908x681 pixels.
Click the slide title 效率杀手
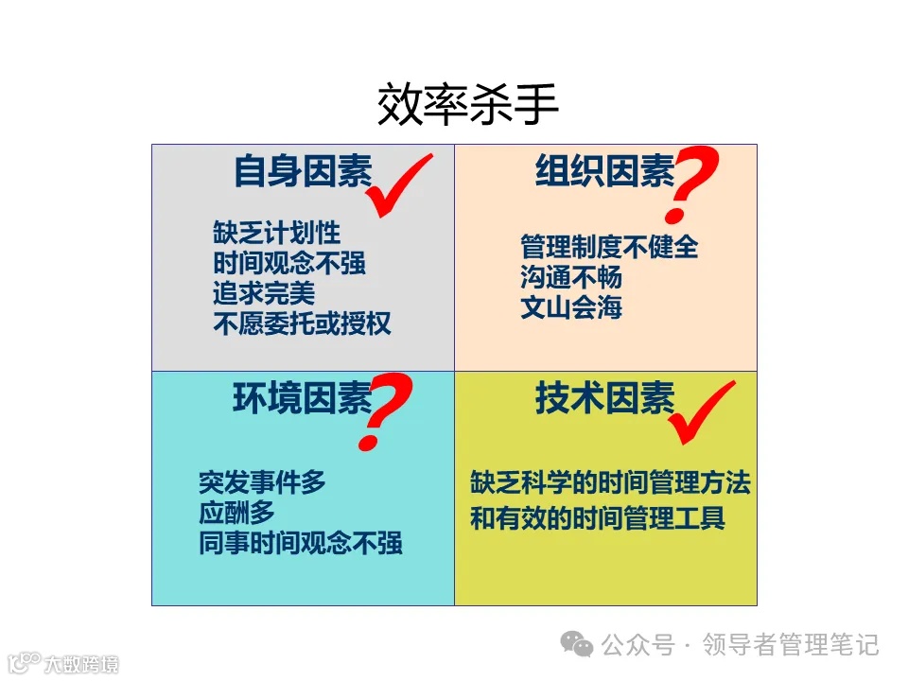tap(468, 106)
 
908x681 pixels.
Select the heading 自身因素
tap(303, 172)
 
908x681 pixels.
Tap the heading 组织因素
tap(604, 172)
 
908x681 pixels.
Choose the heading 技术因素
tap(604, 398)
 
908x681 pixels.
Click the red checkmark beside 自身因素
tap(397, 185)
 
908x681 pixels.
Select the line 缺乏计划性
tap(276, 233)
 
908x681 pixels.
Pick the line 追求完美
tap(264, 293)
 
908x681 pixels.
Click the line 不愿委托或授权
tap(302, 323)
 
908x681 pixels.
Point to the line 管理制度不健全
tap(609, 247)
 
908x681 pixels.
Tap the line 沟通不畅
tap(571, 277)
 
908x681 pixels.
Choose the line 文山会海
tap(571, 307)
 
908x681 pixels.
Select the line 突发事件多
tap(262, 482)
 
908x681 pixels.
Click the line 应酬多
tap(236, 513)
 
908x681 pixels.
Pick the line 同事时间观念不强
tap(301, 543)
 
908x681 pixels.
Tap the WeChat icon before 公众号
tap(577, 645)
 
